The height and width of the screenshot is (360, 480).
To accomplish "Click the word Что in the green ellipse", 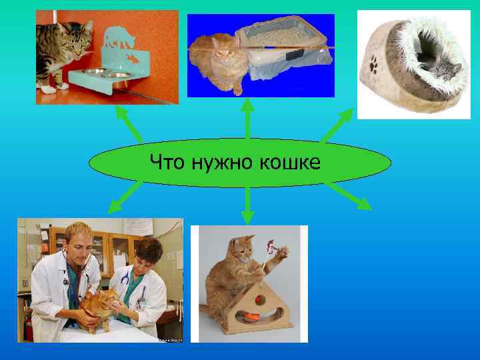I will point(168,162).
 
